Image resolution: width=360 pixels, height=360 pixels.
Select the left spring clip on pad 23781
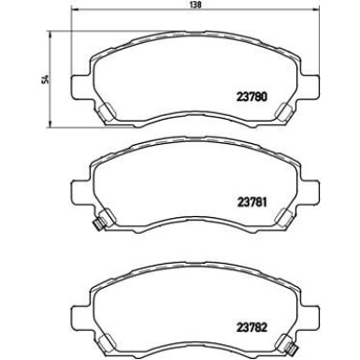(106, 219)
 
